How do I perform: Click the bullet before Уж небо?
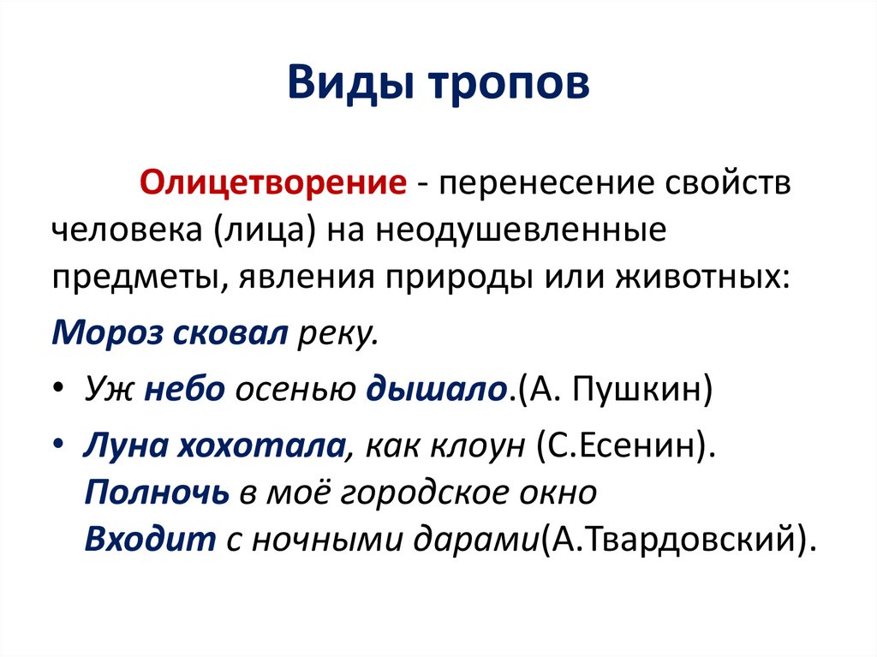[57, 390]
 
